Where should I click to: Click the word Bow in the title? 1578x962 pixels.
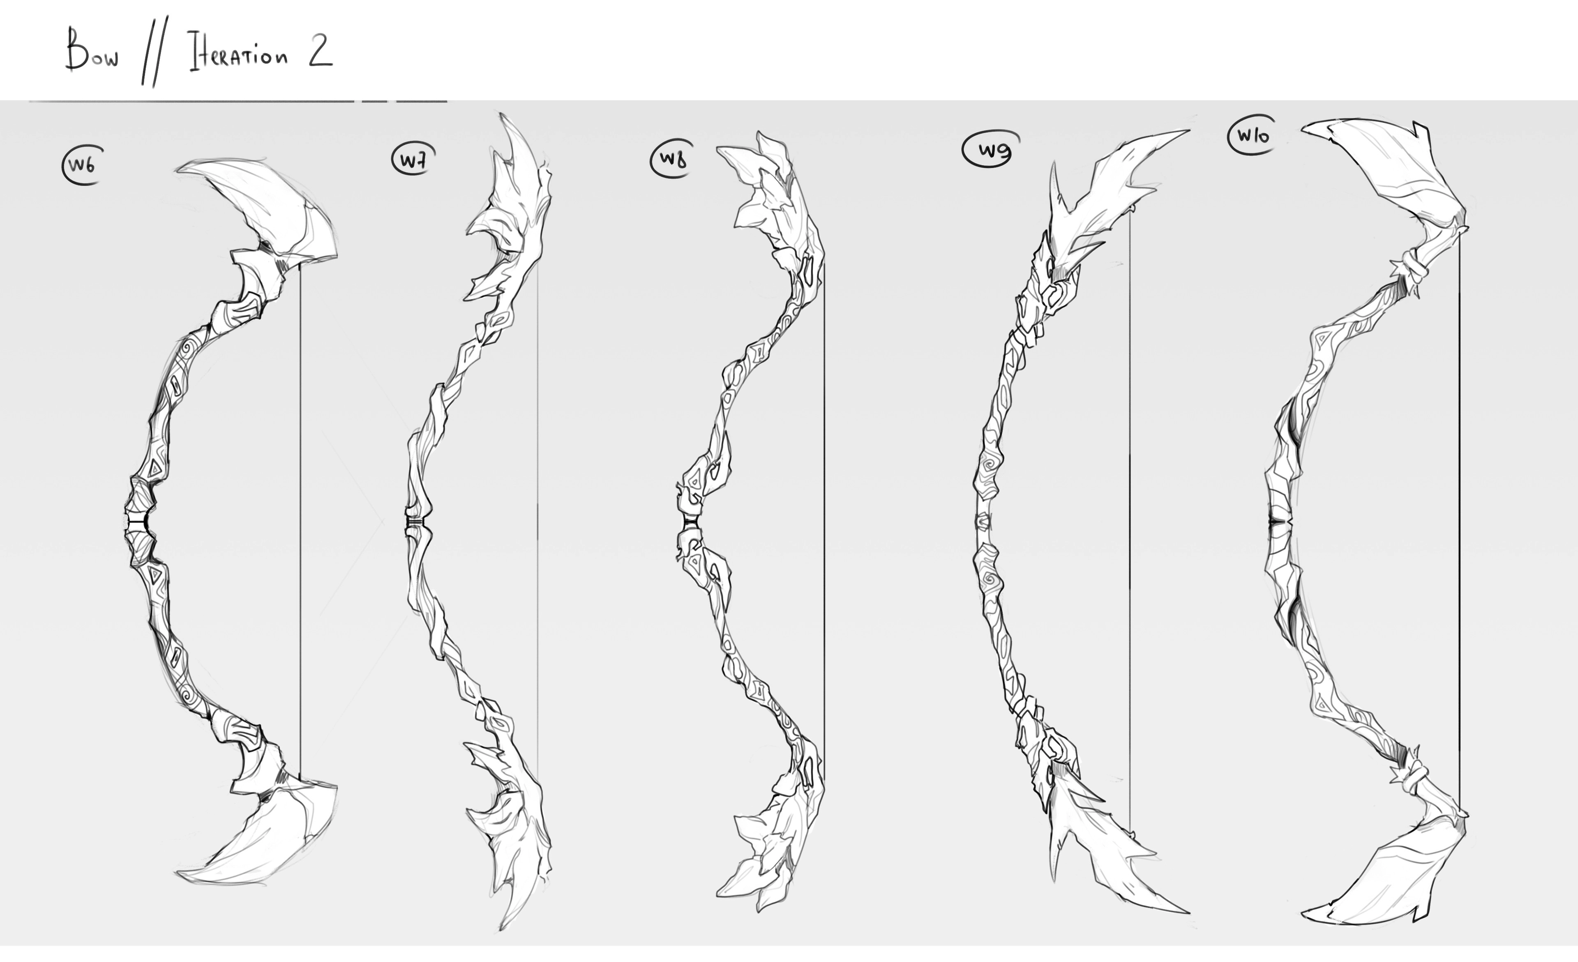pos(92,51)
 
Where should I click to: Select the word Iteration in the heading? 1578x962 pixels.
pos(238,54)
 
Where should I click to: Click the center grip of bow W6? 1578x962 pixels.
pos(139,523)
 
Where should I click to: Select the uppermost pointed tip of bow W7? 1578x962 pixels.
pos(501,114)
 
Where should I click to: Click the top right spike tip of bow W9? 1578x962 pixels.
pos(1188,131)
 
